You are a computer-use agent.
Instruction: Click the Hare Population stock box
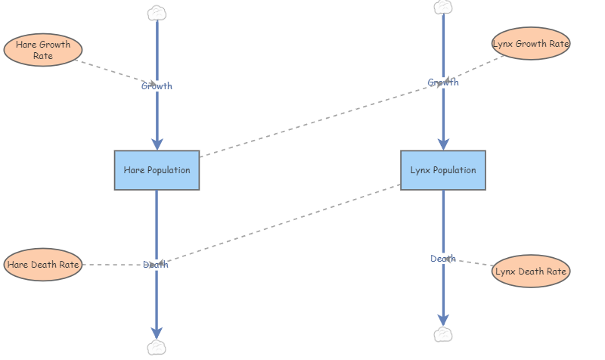[x=157, y=170]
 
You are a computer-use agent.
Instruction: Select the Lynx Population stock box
[x=443, y=170]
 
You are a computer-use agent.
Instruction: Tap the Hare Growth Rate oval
[x=43, y=50]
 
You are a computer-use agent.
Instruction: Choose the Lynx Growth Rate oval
[x=530, y=44]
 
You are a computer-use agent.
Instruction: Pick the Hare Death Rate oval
[x=43, y=265]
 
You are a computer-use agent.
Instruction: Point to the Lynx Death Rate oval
[x=530, y=271]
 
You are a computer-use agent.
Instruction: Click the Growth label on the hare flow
[x=157, y=86]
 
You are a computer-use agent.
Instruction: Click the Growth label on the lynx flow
[x=443, y=82]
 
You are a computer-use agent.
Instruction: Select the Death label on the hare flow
[x=156, y=265]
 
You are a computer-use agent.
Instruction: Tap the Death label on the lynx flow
[x=443, y=259]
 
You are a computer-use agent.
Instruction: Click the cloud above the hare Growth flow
[x=157, y=13]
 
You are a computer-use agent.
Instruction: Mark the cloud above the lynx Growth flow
[x=443, y=7]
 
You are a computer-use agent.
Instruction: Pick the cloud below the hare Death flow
[x=157, y=347]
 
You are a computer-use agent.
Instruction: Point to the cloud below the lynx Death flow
[x=443, y=334]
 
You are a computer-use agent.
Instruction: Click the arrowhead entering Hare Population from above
[x=157, y=144]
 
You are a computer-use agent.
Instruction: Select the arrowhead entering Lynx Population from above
[x=443, y=144]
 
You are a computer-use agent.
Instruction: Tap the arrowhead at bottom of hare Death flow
[x=157, y=333]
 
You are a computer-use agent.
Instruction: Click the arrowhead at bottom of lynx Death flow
[x=443, y=320]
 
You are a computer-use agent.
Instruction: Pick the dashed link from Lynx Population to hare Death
[x=287, y=222]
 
